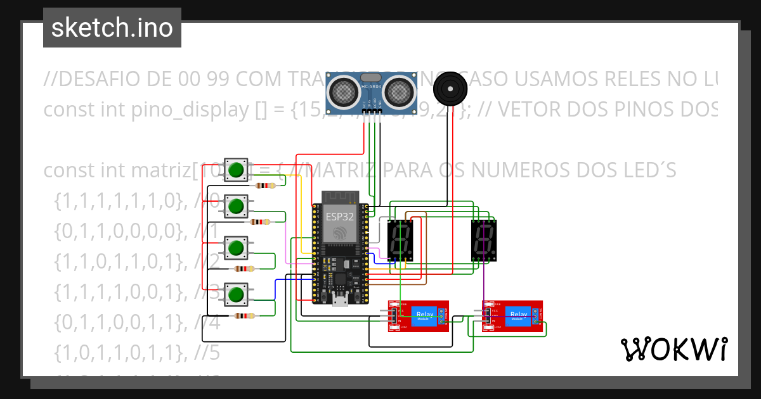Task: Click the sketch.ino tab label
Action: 112,28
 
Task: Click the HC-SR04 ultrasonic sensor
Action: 371,90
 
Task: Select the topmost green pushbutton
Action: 237,170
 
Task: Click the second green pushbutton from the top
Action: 237,206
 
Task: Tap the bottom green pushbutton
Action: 237,294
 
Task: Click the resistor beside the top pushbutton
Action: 265,186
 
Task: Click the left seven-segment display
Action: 401,241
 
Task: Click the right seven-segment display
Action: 485,241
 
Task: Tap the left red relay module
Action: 419,316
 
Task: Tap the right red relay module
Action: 512,316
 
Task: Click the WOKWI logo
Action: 673,349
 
